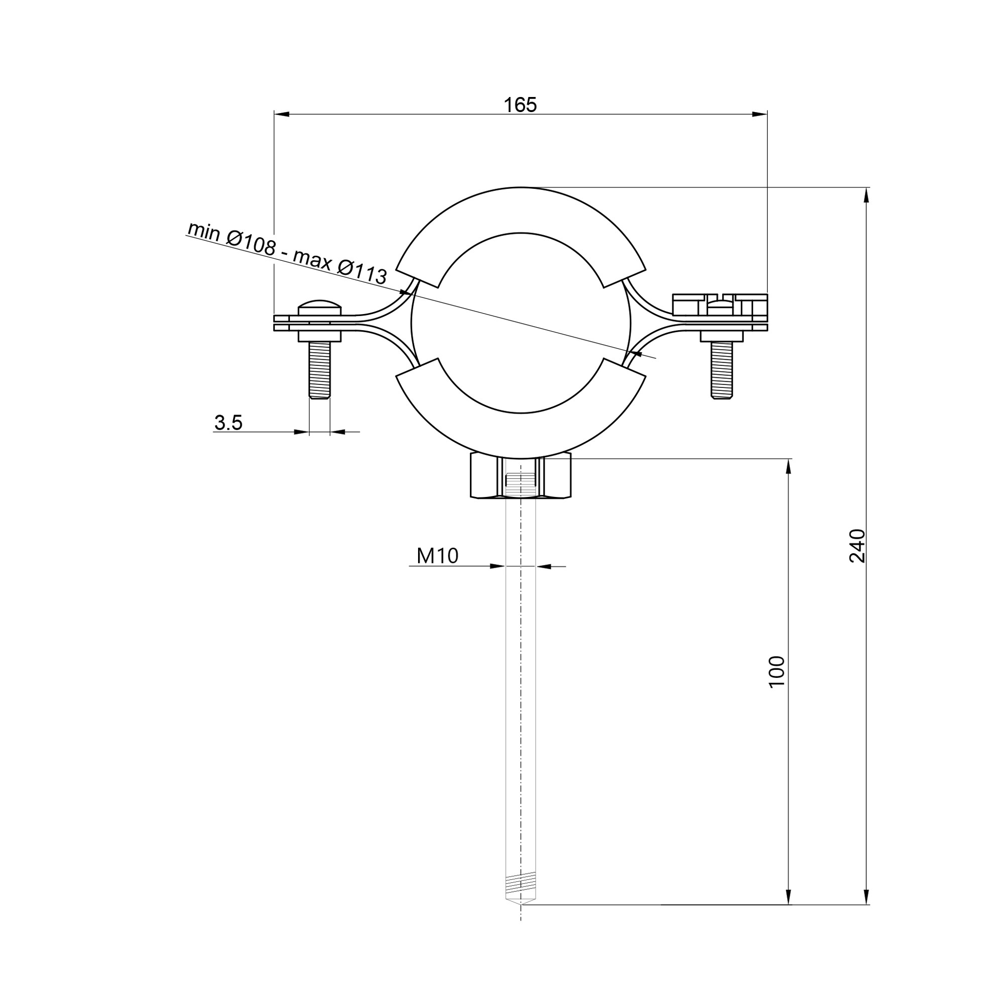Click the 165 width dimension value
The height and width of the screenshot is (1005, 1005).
(520, 105)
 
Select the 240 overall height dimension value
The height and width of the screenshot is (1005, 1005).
(857, 546)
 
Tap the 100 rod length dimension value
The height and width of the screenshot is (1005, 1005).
(777, 672)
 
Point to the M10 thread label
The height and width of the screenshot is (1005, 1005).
(438, 556)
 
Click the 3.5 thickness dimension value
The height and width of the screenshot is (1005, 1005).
(228, 423)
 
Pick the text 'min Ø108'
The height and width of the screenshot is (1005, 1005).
(232, 238)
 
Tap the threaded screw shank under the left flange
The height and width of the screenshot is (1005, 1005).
(320, 370)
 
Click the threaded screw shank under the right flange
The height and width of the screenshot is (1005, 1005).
(722, 370)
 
